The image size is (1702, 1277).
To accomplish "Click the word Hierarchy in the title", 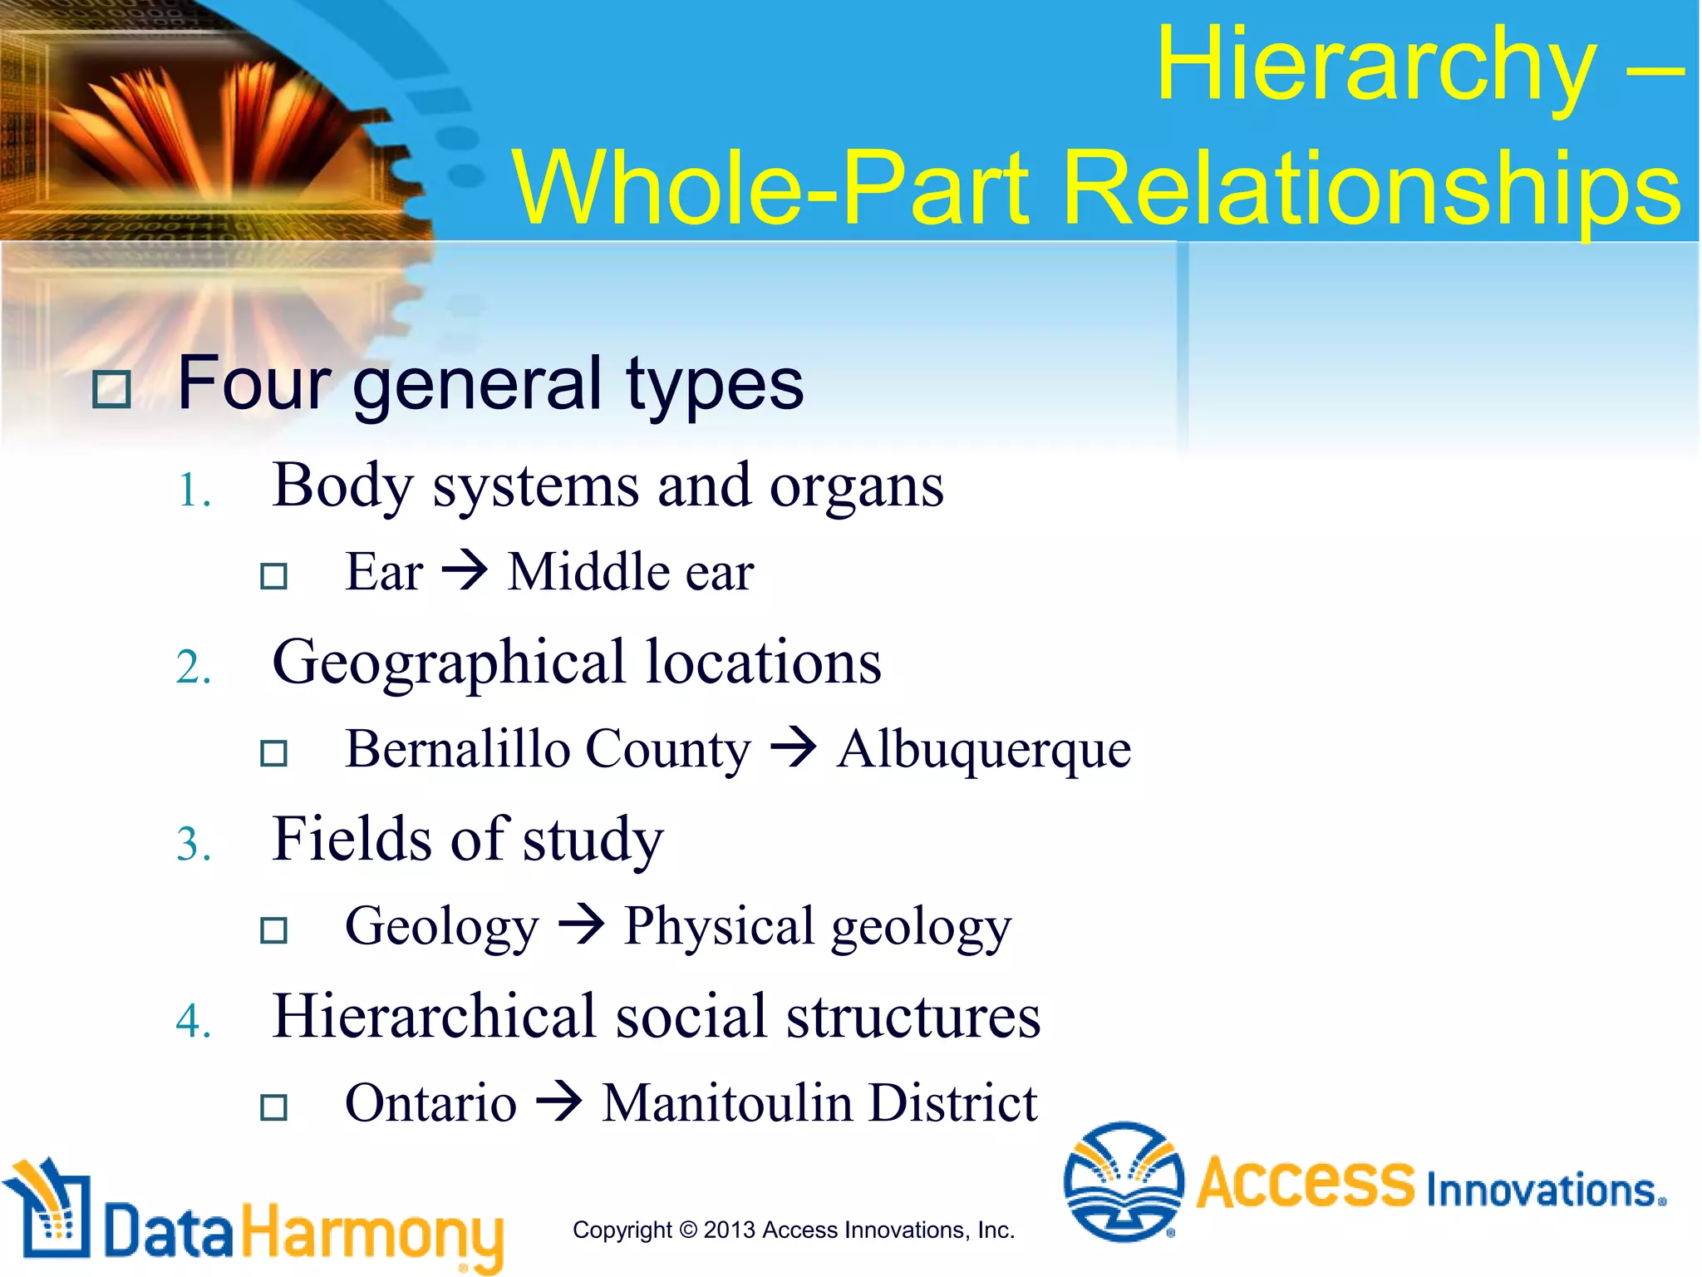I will (1375, 67).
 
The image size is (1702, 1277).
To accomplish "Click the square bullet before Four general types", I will (111, 389).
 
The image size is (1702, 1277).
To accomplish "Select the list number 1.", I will (194, 491).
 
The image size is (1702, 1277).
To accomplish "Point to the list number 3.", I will (194, 845).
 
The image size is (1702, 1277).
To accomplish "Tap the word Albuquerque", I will (983, 749).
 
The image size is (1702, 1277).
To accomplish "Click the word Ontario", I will (430, 1103).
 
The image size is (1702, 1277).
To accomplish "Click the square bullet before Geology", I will (273, 929).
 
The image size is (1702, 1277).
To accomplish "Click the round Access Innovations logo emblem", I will (1124, 1181).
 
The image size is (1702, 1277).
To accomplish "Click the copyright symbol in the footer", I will (687, 1230).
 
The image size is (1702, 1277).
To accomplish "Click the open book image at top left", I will (208, 125).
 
